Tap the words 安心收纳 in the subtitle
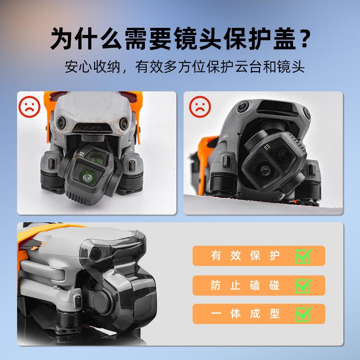pos(93,67)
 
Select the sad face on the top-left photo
pos(31,107)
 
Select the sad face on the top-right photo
pos(199,107)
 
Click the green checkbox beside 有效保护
pos(303,256)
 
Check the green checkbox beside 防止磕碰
pos(303,285)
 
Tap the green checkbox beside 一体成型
pos(303,314)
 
